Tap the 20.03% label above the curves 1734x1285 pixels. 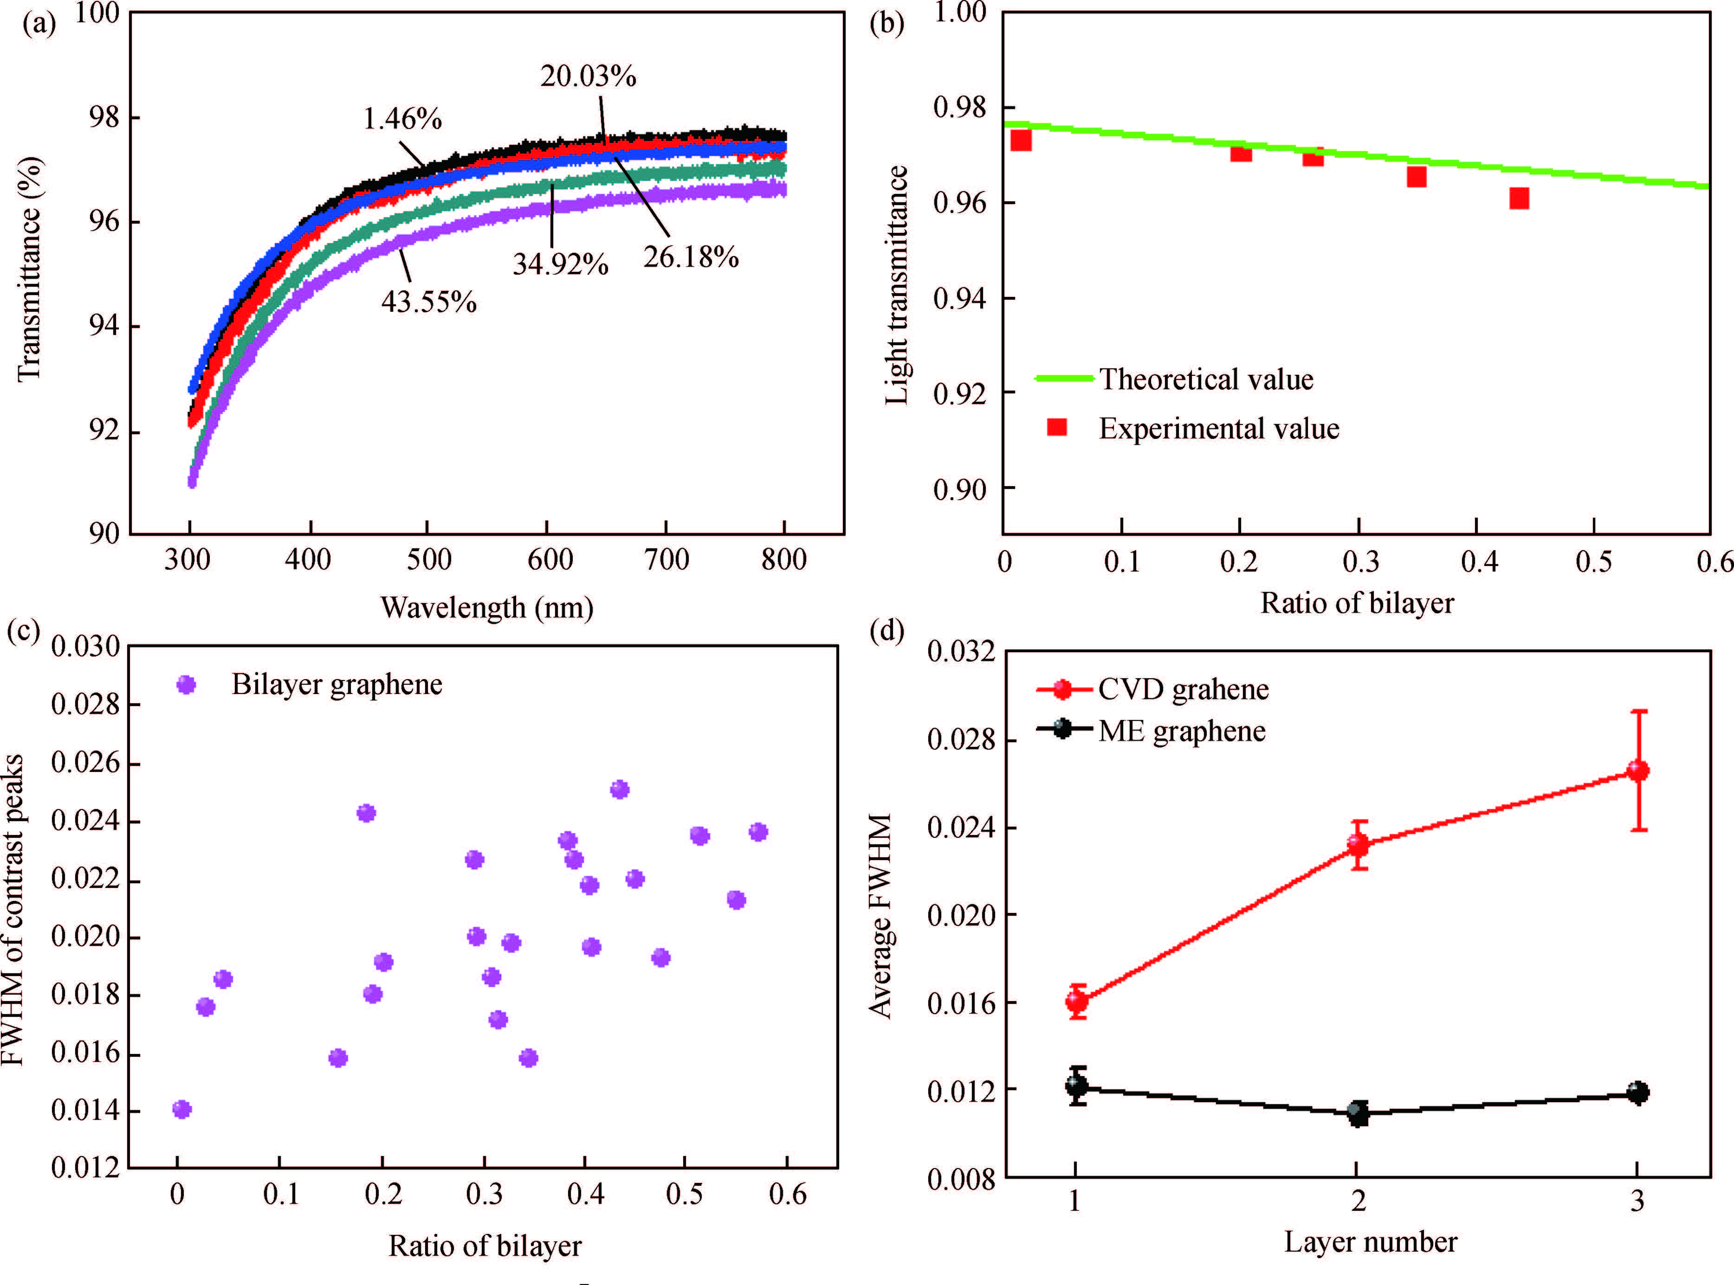(589, 76)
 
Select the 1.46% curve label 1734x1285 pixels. (402, 119)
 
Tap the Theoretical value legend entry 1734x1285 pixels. (1205, 379)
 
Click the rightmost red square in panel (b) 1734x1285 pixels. (1519, 199)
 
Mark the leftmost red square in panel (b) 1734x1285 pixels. (1020, 141)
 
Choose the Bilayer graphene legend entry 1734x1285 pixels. (336, 685)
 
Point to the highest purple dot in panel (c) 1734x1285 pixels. (620, 790)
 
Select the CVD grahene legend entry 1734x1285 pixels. (1183, 689)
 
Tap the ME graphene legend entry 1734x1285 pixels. (1181, 731)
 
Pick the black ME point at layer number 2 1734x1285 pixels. (1358, 1113)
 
